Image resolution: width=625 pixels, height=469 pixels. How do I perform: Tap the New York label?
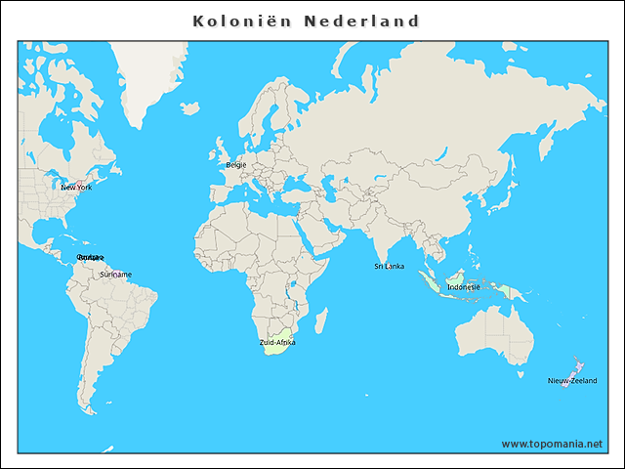point(75,187)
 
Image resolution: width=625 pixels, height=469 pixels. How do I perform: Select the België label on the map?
point(236,165)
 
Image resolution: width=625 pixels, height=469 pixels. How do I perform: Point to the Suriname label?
point(115,275)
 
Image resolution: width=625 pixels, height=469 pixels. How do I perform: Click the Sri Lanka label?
point(389,266)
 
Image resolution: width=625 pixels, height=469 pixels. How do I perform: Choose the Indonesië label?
point(463,287)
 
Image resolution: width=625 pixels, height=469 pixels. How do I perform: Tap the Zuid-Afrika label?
point(277,343)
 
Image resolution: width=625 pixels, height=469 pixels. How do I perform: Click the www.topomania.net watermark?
point(553,444)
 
